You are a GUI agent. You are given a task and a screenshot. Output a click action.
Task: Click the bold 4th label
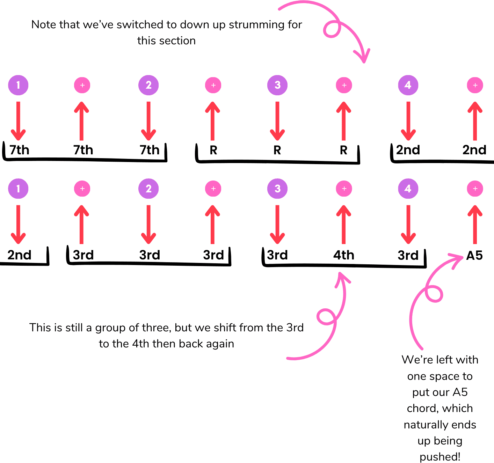pos(343,255)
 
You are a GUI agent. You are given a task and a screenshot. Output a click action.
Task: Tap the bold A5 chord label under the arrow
pos(474,256)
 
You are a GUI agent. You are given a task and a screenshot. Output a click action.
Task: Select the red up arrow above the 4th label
pos(344,224)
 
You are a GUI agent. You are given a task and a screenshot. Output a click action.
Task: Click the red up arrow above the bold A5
pos(475,224)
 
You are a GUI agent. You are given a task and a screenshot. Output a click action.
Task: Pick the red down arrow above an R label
pos(277,121)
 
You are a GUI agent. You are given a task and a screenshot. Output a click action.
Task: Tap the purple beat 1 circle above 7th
pos(18,85)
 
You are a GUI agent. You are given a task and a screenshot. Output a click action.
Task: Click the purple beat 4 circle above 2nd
pos(408,85)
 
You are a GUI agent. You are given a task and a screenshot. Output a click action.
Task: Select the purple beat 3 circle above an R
pos(277,85)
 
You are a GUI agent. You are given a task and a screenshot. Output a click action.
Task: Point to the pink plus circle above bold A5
pos(475,189)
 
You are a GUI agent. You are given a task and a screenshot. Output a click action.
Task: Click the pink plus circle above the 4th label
pos(344,189)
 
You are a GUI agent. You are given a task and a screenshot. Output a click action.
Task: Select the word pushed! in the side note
pos(440,457)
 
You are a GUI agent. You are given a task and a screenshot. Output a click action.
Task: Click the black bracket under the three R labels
pos(277,162)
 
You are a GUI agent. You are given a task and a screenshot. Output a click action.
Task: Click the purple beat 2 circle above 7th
pos(148,85)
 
